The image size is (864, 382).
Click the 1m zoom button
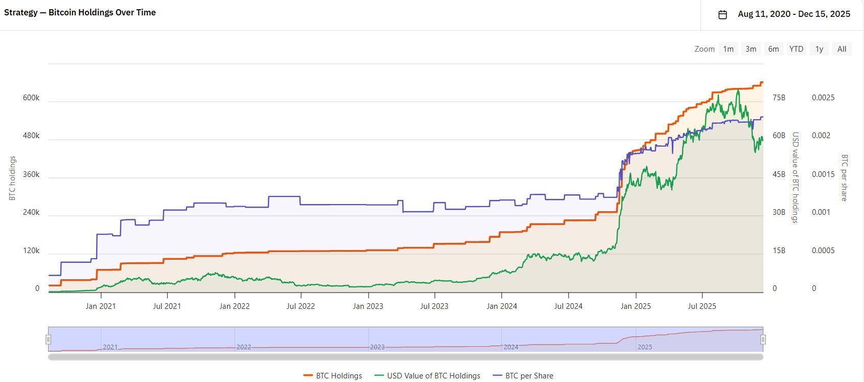coord(728,49)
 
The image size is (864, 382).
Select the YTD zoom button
coord(796,49)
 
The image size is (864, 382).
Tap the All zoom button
coord(842,49)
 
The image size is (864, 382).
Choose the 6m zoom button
coord(774,49)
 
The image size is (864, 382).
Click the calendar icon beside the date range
coord(722,14)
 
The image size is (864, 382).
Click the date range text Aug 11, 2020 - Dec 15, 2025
coord(794,14)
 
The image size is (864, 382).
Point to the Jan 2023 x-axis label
coord(368,306)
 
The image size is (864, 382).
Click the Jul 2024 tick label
coord(569,306)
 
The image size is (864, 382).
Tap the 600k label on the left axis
coord(31,98)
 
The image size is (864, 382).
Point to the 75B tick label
coord(779,98)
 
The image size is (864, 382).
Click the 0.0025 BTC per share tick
coord(823,98)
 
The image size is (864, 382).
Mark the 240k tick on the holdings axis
coord(31,212)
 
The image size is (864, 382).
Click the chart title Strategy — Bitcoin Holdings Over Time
coord(80,12)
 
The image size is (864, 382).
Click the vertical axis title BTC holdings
coord(12,178)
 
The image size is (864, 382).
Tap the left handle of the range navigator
coord(49,340)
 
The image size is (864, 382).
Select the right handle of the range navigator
coord(763,340)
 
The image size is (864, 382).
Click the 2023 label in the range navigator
coord(377,347)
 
